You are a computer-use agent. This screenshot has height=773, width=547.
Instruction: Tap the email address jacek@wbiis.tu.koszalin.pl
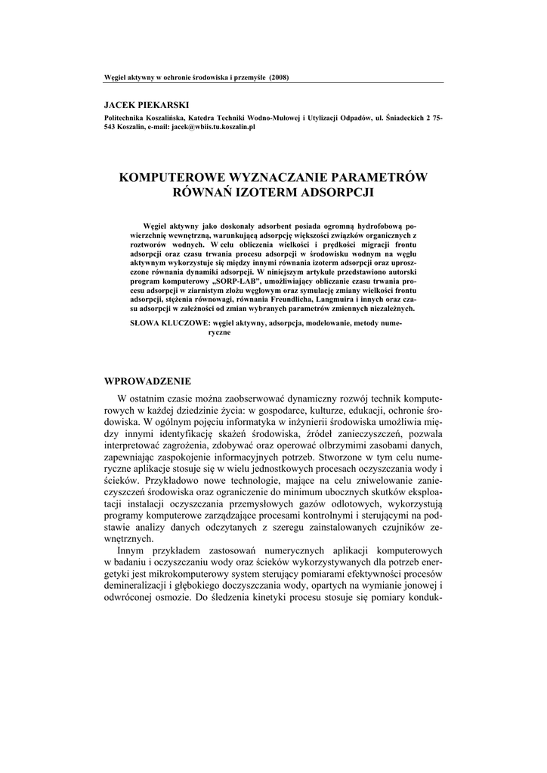coord(214,128)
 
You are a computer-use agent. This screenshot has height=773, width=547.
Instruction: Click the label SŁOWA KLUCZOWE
coord(161,323)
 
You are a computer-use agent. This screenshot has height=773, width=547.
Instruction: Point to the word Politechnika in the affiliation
coord(125,119)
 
